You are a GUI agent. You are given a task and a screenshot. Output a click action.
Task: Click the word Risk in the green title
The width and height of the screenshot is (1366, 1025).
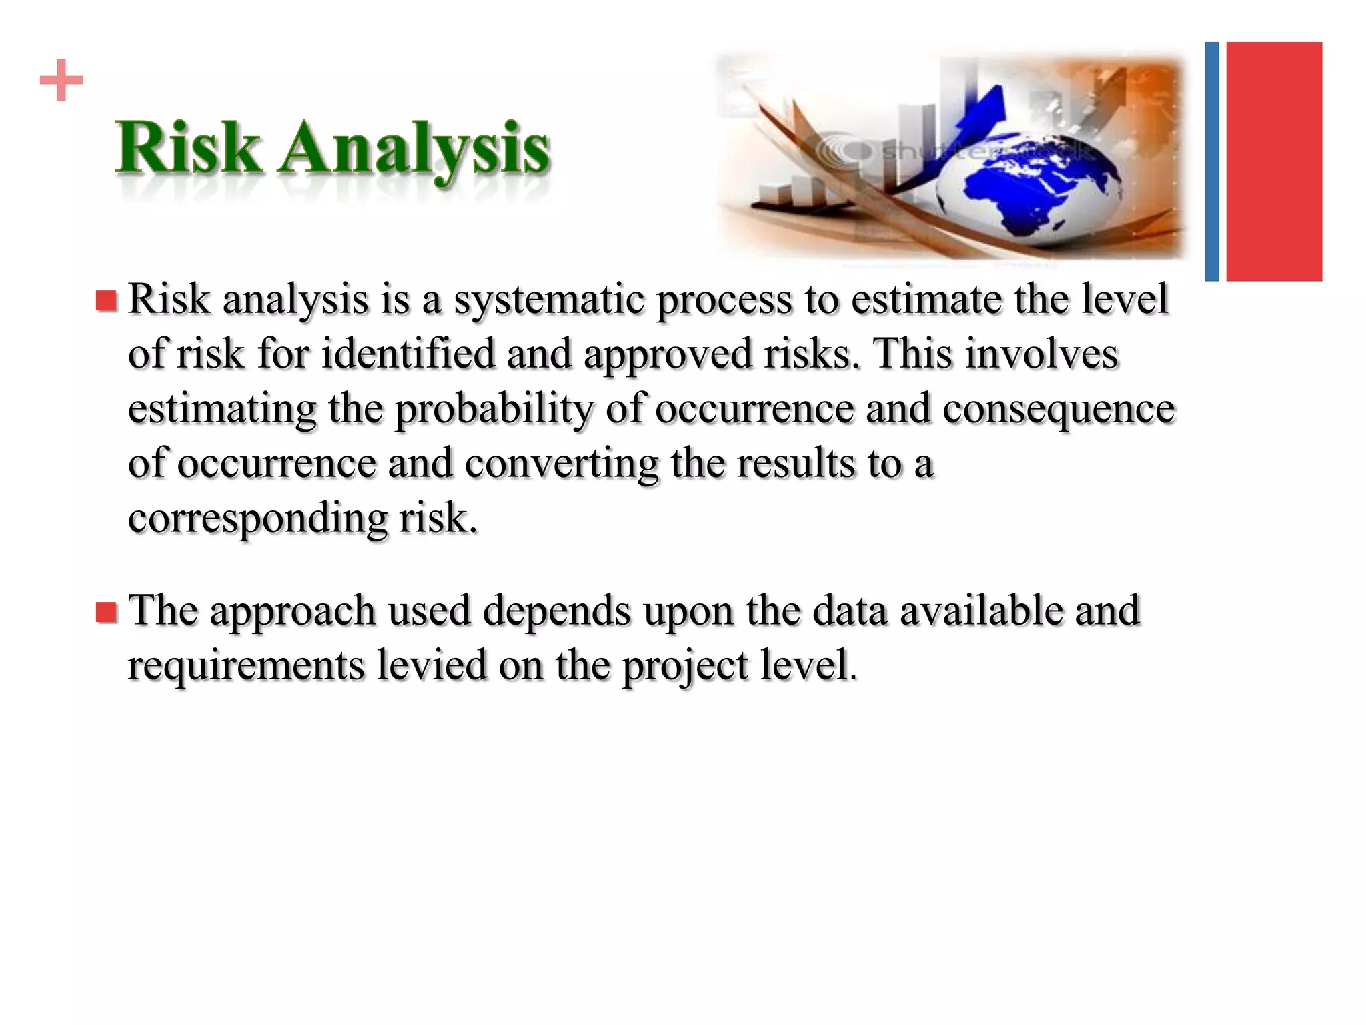coord(189,147)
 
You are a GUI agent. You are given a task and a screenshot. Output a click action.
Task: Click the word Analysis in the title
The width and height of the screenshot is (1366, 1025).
coord(415,149)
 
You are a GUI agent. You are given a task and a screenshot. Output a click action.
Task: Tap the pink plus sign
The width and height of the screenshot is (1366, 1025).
coord(61,81)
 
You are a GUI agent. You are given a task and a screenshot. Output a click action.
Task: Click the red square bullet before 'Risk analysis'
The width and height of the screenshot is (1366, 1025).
coord(106,301)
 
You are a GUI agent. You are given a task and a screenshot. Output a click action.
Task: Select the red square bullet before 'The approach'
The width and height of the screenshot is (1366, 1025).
coord(106,612)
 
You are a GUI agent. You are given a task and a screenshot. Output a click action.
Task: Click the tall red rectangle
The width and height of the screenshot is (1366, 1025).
coord(1273,161)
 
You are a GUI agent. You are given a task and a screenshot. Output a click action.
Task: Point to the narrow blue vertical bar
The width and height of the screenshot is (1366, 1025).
coord(1211,161)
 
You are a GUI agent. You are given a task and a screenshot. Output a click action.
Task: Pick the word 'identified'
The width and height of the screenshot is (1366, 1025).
coord(408,354)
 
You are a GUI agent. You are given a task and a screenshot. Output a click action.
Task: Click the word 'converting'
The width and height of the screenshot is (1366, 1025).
coord(562,464)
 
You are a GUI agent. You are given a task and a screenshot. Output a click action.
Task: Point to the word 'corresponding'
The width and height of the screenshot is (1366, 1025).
coord(257,519)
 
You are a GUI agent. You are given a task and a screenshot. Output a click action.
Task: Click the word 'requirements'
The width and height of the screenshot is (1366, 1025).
coord(246,666)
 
